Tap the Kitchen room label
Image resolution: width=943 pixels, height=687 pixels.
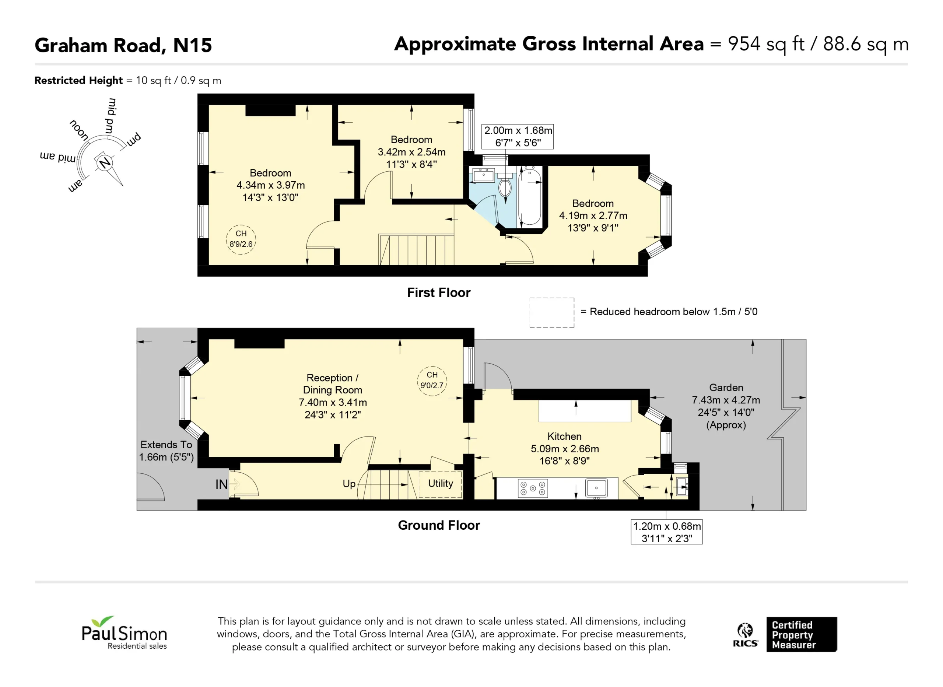tap(564, 436)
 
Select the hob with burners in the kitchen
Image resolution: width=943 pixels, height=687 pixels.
tap(533, 488)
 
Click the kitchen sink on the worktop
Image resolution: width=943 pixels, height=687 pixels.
tap(596, 488)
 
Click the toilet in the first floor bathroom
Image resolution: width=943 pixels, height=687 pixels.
tap(505, 184)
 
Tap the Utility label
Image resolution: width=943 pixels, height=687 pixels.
tap(441, 483)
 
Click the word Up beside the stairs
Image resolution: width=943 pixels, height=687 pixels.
tap(349, 484)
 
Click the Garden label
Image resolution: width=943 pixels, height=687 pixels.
tap(726, 388)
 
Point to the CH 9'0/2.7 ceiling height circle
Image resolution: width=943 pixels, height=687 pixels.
tap(432, 381)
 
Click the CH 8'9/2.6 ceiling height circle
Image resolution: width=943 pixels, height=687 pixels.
tap(241, 239)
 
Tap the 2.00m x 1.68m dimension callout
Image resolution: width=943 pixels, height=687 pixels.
tap(518, 136)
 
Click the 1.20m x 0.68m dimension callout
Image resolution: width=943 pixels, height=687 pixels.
tap(666, 532)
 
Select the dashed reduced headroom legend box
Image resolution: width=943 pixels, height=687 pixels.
tap(552, 313)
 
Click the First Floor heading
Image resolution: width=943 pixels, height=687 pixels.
tap(439, 293)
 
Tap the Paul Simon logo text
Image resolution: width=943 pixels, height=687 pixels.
tap(124, 633)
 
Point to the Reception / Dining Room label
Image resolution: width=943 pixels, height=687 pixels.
tap(333, 384)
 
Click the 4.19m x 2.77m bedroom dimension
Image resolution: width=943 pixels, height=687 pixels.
tap(593, 215)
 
